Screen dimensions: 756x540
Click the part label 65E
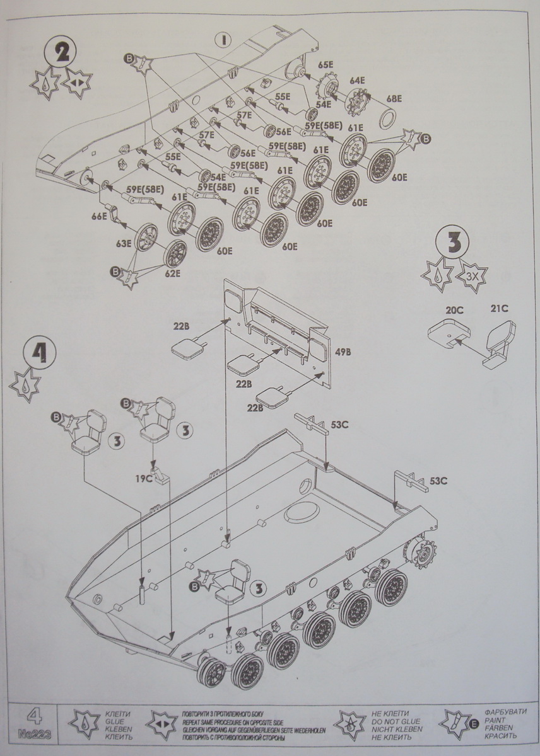pyautogui.click(x=326, y=65)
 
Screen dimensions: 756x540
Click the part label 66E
pyautogui.click(x=98, y=216)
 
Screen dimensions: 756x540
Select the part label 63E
pyautogui.click(x=122, y=243)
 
